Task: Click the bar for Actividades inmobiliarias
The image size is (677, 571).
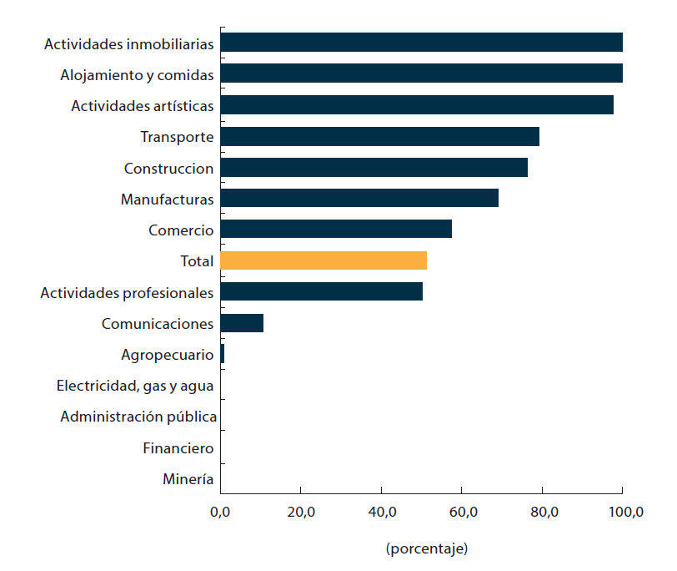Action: (421, 43)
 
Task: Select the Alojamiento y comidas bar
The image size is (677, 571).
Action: (421, 73)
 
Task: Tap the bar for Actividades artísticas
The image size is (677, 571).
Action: (417, 105)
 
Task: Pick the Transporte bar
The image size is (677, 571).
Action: (379, 136)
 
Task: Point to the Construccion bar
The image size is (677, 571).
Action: (374, 168)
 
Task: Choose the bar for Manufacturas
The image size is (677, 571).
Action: (359, 199)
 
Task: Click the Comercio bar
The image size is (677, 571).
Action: (336, 230)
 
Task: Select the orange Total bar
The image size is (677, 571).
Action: (323, 260)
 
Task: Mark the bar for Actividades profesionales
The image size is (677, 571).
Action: (321, 292)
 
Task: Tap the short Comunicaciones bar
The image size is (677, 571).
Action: (242, 323)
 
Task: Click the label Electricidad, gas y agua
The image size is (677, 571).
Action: (135, 386)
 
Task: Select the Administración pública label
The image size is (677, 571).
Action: (138, 417)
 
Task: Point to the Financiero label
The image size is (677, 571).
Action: (178, 448)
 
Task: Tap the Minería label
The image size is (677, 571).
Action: (188, 479)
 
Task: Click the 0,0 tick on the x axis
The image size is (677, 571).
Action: (220, 513)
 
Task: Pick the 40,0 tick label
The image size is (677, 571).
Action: (381, 513)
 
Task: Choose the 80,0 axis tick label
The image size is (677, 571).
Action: (542, 513)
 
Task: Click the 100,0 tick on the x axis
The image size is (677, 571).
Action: (623, 513)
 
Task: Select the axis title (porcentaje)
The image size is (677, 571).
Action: (426, 548)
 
